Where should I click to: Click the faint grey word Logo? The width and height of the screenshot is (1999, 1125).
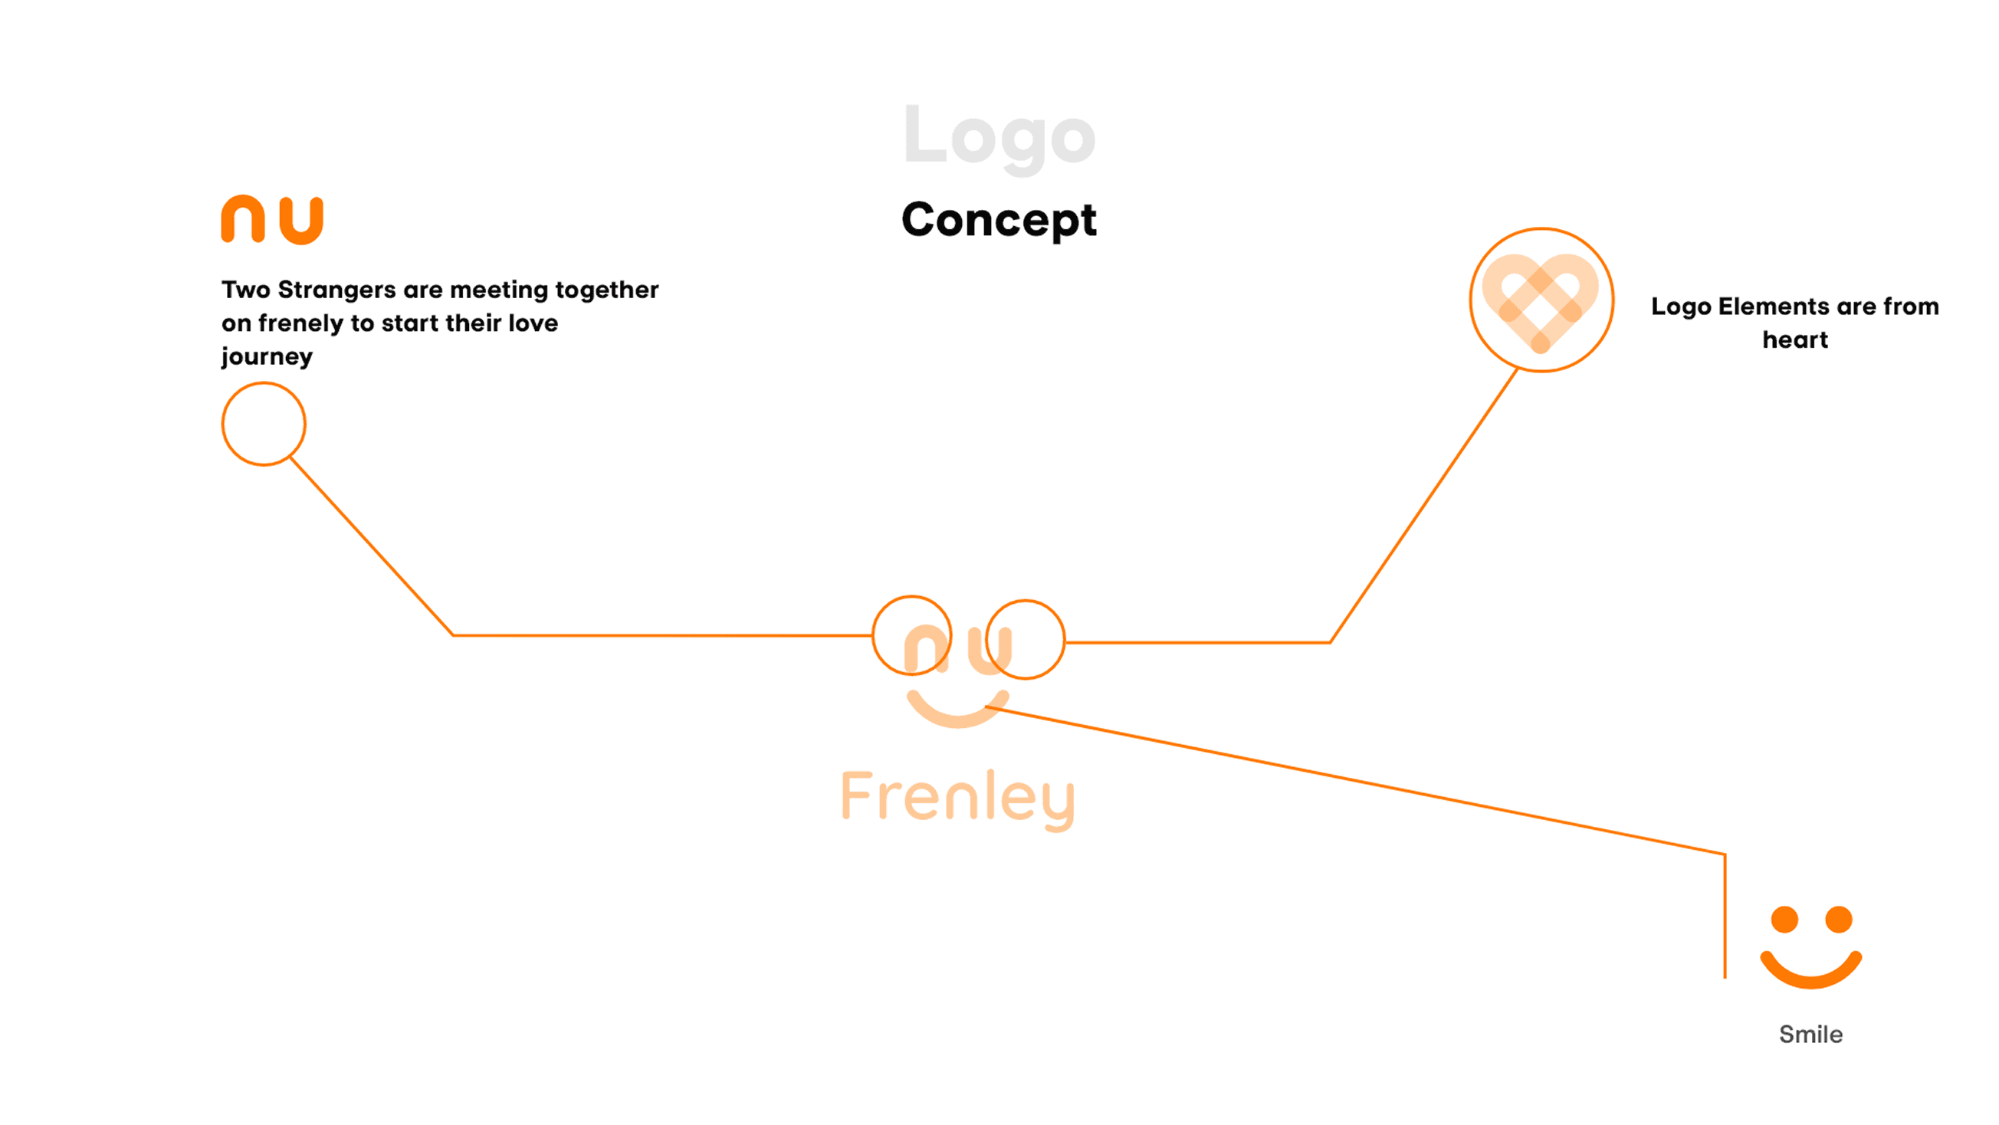[999, 136]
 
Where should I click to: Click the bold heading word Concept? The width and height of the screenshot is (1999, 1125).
[999, 221]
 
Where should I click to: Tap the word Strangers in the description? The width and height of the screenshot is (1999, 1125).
[336, 290]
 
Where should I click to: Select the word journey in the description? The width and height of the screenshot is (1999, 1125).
[267, 357]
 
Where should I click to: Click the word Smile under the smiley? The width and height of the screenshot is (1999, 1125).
[1810, 1035]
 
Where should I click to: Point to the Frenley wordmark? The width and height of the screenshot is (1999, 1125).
[957, 798]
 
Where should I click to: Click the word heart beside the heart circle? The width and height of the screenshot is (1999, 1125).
[1795, 339]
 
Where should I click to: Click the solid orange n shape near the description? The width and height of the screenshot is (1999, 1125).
[243, 220]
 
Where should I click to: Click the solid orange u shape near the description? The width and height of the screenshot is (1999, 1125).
[301, 221]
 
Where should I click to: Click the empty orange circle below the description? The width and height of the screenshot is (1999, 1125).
[264, 424]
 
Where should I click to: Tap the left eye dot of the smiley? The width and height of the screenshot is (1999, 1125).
[1784, 920]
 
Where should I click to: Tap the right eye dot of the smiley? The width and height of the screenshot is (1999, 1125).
[1838, 920]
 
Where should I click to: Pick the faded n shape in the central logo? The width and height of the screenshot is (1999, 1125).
[927, 649]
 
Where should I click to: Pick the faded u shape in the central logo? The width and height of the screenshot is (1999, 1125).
[990, 650]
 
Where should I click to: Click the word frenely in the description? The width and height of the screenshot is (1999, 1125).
[300, 323]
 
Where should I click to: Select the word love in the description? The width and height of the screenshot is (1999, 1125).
[533, 323]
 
